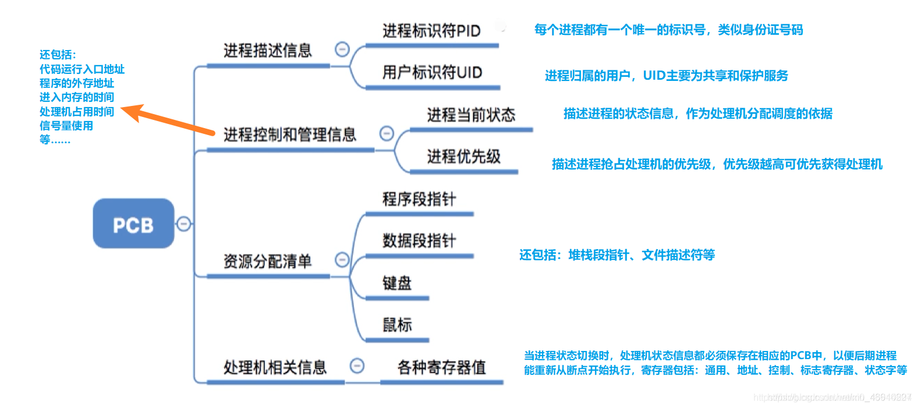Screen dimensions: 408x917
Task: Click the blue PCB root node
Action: [133, 224]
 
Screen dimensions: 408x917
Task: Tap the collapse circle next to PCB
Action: [183, 223]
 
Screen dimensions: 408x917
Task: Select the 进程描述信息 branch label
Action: [267, 51]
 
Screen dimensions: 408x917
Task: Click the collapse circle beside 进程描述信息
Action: [342, 49]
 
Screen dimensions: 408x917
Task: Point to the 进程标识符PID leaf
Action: [431, 31]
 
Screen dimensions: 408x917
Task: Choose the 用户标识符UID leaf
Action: [432, 73]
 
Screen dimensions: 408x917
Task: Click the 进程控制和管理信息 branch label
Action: [289, 135]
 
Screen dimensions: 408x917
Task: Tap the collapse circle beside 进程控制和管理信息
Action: [387, 134]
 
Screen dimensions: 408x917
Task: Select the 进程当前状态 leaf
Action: [470, 115]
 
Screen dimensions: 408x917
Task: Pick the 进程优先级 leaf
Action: [463, 157]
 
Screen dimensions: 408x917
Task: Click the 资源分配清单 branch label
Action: [267, 261]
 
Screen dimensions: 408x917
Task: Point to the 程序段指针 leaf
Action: [419, 199]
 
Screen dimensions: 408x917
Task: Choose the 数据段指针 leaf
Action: [419, 240]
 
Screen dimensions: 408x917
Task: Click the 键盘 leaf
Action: [396, 283]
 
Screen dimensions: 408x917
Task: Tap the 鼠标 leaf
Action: [396, 325]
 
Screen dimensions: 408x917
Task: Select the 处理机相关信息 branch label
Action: [275, 367]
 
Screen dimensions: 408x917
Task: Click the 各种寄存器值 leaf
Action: [441, 367]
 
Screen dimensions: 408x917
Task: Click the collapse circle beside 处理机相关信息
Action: [357, 366]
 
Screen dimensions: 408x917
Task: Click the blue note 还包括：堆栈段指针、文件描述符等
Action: [617, 255]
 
